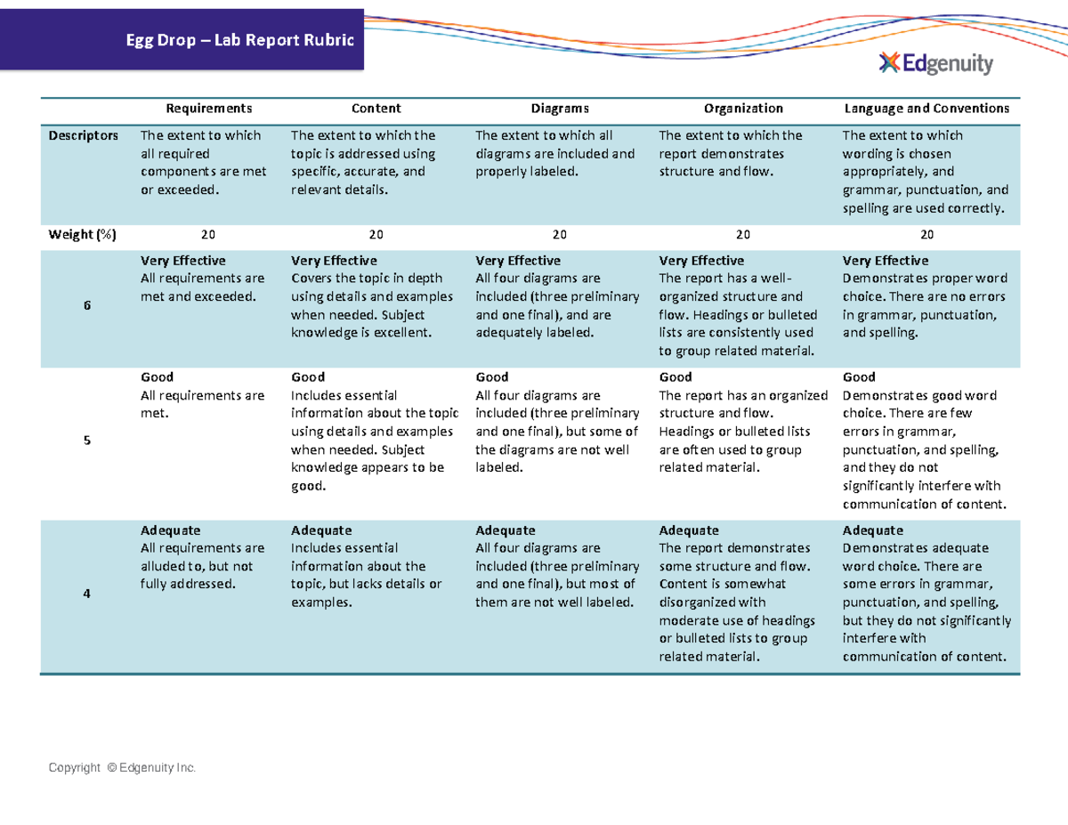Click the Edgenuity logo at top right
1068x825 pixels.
tap(934, 64)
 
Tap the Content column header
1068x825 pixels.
tap(376, 109)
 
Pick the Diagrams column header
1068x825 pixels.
tap(560, 109)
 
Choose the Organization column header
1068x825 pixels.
tap(743, 109)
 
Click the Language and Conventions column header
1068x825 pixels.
tap(926, 109)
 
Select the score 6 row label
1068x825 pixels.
tap(87, 305)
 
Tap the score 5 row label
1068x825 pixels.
tap(87, 441)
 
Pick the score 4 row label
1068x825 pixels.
tap(87, 594)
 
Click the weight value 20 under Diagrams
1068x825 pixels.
tap(559, 234)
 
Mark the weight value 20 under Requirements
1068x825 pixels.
tap(207, 234)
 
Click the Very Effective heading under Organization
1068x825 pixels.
tap(700, 261)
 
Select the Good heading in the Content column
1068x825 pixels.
tap(308, 377)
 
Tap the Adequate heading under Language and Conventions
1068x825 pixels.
tap(872, 530)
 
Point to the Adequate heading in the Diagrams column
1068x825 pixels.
tap(506, 530)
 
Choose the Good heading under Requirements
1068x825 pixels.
tap(158, 377)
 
